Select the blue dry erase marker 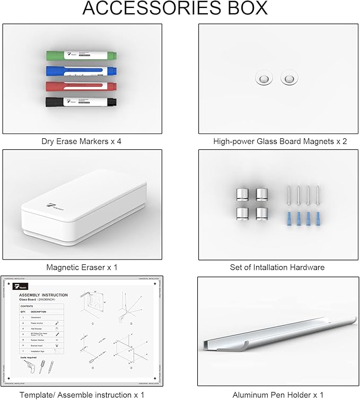click(80, 71)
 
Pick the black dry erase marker click(80, 101)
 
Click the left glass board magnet click(262, 78)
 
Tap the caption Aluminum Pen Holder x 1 click(278, 395)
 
